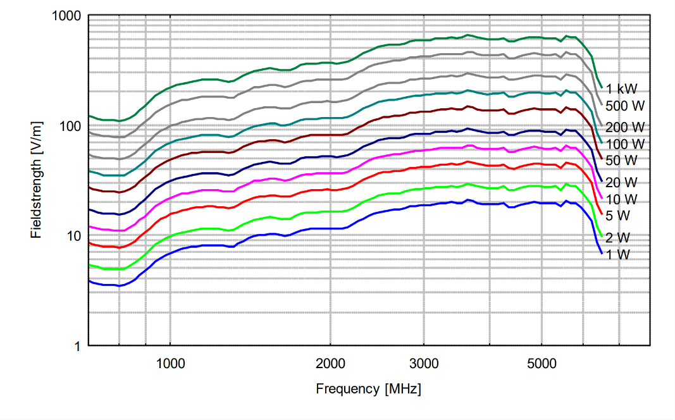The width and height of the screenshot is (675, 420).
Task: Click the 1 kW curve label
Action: click(618, 89)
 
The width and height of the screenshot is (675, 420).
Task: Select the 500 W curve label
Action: click(621, 106)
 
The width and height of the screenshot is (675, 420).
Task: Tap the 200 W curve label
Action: click(621, 127)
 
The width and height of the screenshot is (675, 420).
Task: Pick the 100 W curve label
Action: click(621, 144)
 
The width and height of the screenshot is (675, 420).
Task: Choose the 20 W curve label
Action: click(621, 182)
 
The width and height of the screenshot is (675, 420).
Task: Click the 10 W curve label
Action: click(621, 199)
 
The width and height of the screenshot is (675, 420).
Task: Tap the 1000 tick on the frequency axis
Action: click(169, 364)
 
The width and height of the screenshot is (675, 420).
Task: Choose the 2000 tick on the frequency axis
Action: click(330, 364)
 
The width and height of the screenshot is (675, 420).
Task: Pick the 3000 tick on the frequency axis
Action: click(423, 364)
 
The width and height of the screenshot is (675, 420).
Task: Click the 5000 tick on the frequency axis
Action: click(541, 364)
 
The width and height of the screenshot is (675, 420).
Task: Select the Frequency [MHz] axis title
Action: click(368, 389)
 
